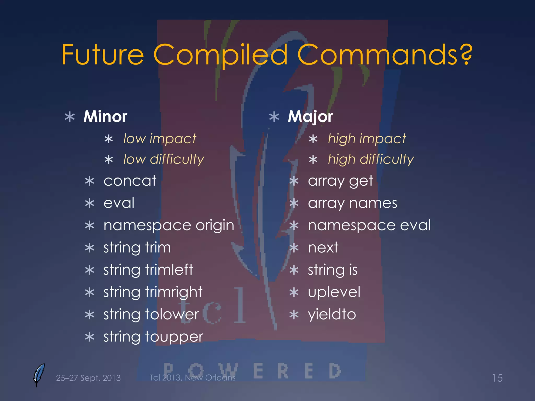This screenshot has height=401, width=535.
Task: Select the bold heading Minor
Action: pos(105,116)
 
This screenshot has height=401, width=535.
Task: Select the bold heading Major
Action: pos(310,116)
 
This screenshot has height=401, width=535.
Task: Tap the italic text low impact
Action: pos(160,139)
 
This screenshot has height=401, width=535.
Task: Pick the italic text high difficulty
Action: pos(371,160)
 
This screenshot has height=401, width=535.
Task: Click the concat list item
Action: pos(130,181)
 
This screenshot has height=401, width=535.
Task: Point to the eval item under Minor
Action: pos(119,203)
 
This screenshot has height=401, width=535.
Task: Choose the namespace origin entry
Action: pos(169,225)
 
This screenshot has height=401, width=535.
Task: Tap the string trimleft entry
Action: pos(148,270)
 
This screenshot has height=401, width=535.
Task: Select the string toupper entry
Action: pos(153,337)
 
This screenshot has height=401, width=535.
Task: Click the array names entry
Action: pos(352,203)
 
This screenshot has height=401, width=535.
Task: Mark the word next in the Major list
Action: pos(323,247)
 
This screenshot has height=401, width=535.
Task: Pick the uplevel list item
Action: pos(334,292)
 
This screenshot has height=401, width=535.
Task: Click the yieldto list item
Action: pos(332,314)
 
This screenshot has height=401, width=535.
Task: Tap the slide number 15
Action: pos(497,378)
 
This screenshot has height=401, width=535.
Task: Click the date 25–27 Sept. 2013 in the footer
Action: pos(88,378)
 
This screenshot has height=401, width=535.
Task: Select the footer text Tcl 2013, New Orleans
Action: pos(192,378)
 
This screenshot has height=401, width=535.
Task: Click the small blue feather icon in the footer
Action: pos(39,375)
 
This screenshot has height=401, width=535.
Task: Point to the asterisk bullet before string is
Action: pos(294,270)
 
